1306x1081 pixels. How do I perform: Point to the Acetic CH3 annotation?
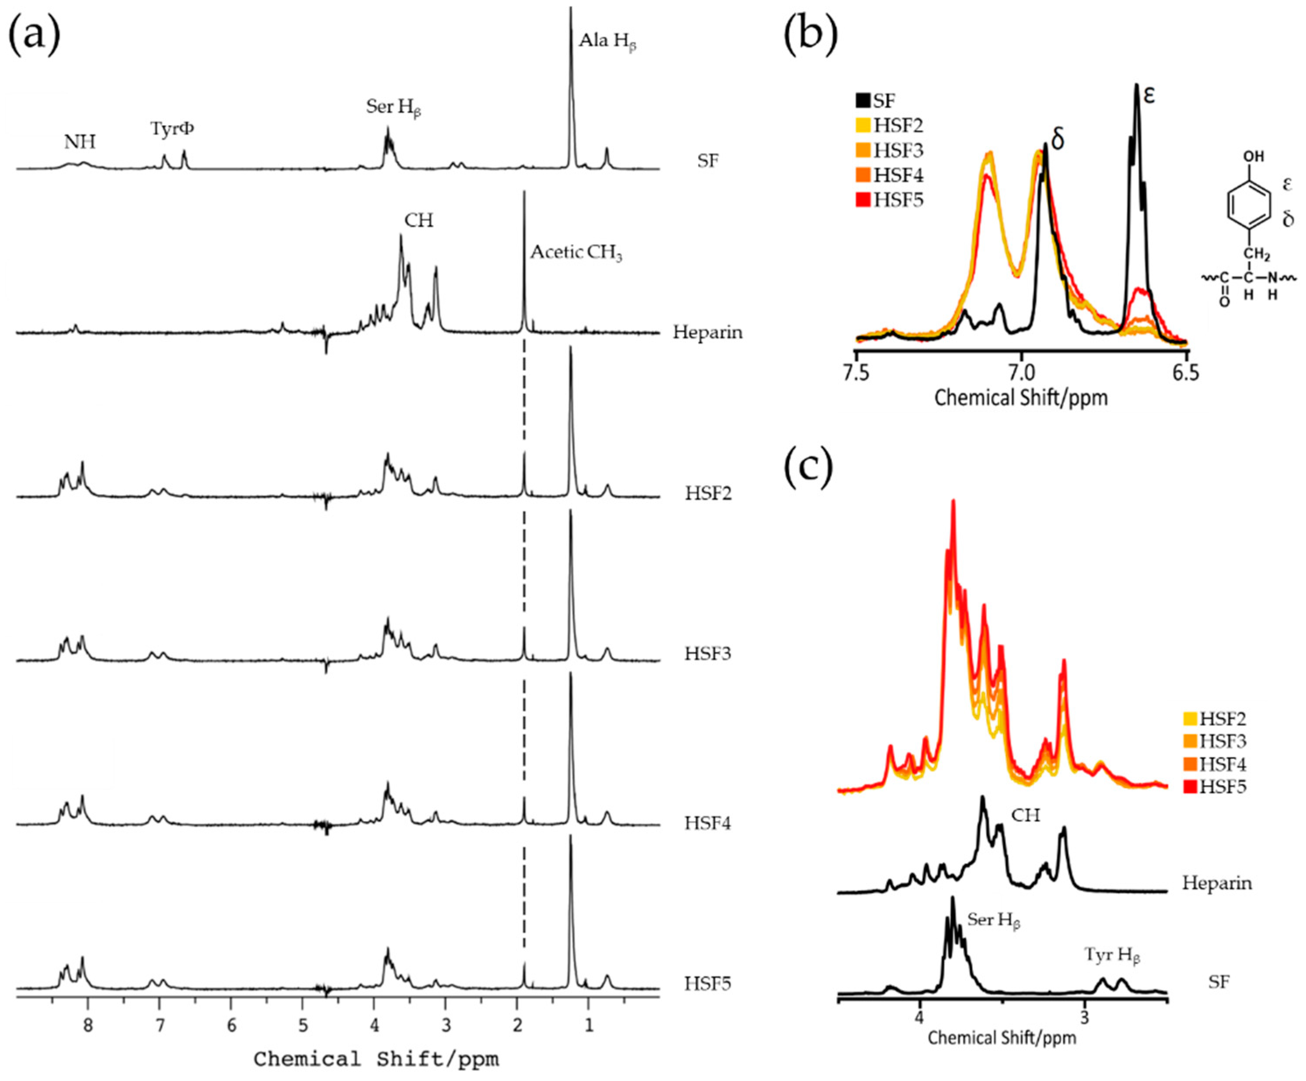[x=576, y=253]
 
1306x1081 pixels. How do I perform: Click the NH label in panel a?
[x=80, y=143]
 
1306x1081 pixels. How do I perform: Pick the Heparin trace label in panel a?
[x=707, y=332]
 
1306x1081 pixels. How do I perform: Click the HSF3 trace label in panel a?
[x=708, y=653]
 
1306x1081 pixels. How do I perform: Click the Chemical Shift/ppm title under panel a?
[x=376, y=1059]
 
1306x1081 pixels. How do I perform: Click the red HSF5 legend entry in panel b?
[x=889, y=200]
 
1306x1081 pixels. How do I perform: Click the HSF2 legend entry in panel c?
[x=1214, y=719]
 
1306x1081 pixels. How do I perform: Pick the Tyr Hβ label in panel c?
[x=1112, y=955]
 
